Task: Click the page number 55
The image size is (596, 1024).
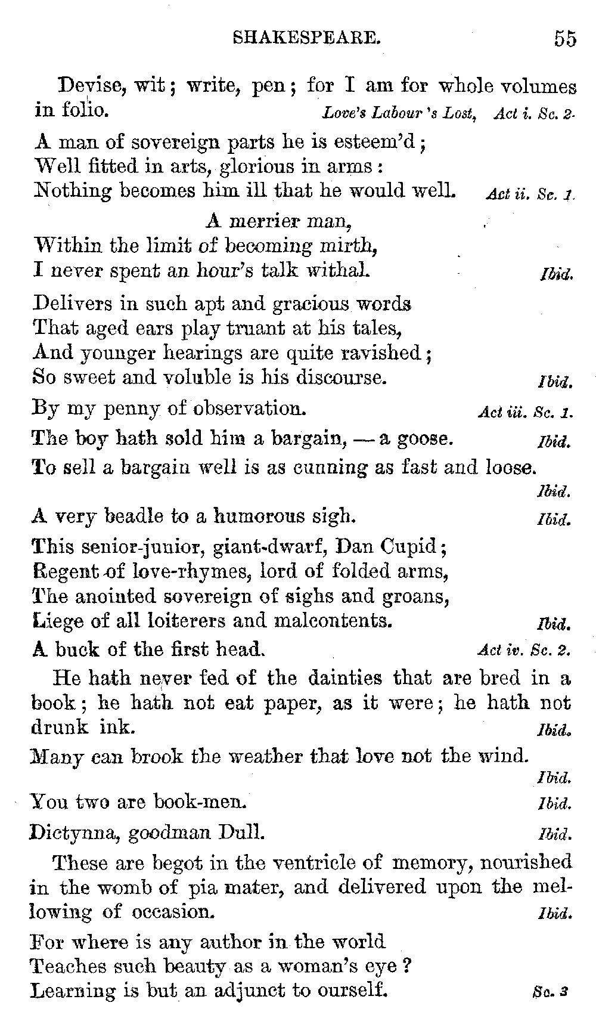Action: point(564,39)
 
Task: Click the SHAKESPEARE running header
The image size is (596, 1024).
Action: point(306,39)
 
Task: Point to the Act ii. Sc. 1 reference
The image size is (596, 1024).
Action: point(529,194)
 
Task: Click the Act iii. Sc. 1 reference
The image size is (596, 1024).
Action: point(525,413)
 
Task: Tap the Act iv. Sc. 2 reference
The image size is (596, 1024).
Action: point(524,650)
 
